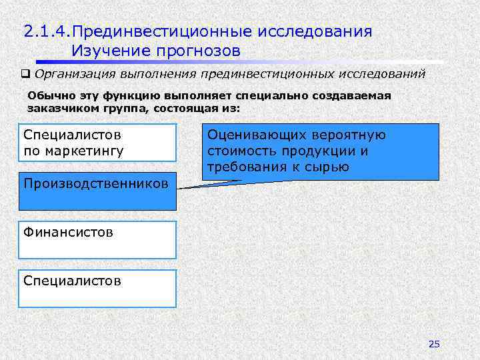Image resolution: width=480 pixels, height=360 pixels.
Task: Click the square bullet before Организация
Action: tap(26, 74)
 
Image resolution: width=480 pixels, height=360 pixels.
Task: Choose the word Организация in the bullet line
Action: tap(74, 74)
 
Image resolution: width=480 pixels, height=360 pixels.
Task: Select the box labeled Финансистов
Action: tap(97, 240)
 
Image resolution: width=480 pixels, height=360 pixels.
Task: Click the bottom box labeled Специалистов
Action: tap(97, 288)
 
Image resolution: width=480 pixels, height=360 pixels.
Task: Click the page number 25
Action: tap(434, 344)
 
